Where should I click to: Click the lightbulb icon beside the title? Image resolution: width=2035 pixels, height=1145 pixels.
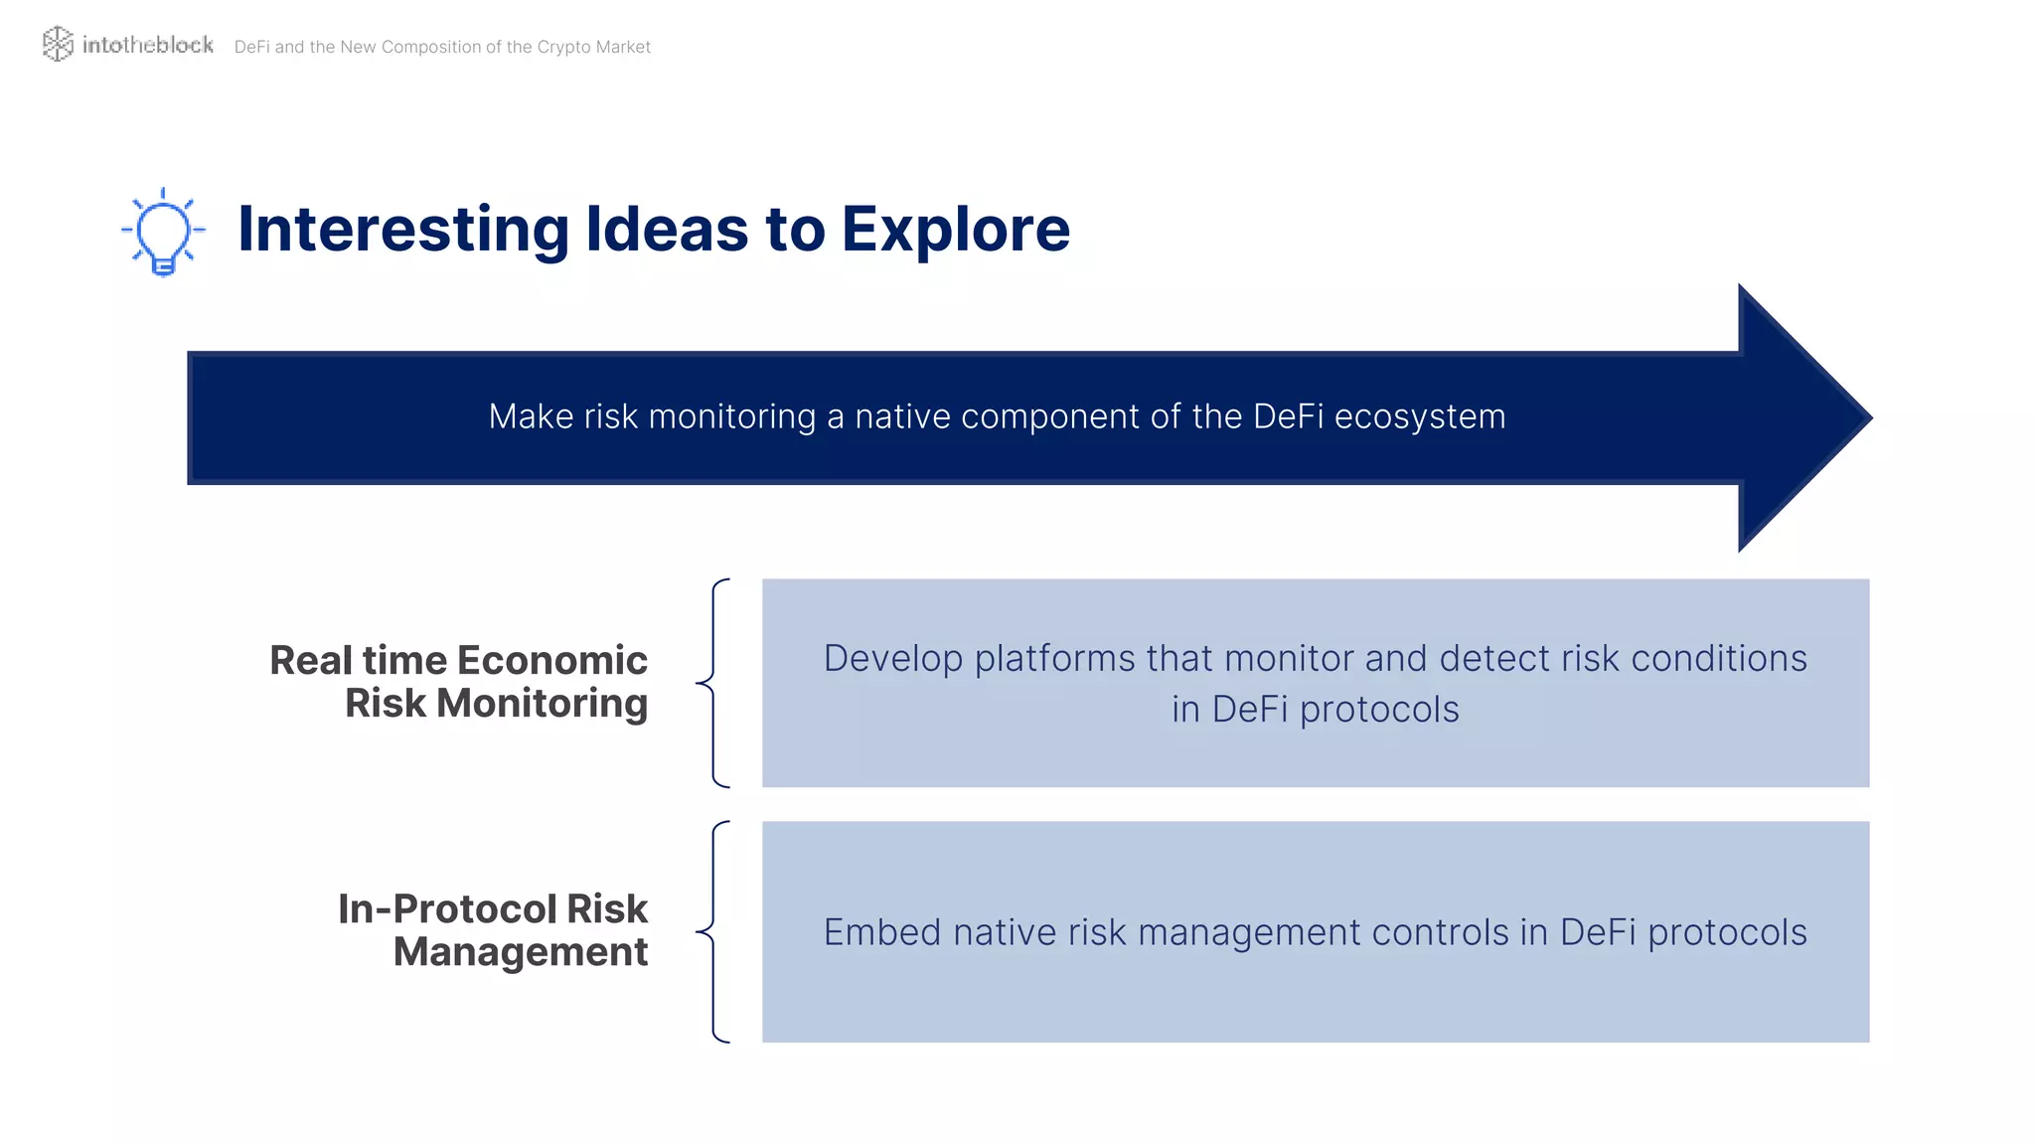(164, 231)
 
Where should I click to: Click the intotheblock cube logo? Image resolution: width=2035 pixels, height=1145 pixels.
(58, 44)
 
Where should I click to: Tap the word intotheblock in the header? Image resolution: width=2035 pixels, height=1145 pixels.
(147, 45)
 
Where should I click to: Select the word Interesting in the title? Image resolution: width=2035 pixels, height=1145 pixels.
(403, 230)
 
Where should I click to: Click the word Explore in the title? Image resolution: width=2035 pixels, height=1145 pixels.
(956, 230)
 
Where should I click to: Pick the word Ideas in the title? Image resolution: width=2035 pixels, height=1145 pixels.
(667, 230)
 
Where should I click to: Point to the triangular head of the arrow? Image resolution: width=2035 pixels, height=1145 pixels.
(1799, 417)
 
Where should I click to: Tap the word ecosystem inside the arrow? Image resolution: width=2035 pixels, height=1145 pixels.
(1419, 416)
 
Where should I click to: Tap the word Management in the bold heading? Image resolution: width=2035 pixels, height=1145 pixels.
(520, 952)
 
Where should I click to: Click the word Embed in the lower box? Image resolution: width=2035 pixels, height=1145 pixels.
(881, 932)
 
